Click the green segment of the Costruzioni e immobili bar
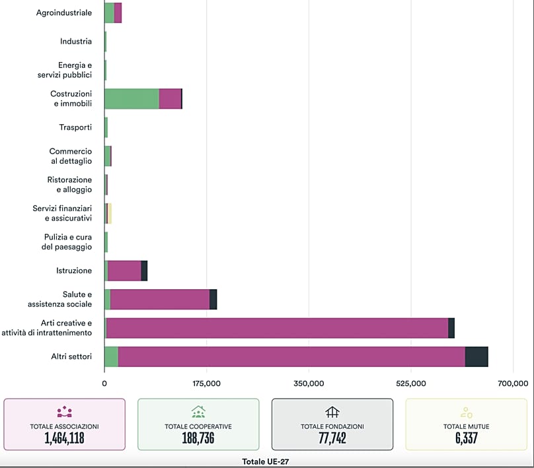click(x=132, y=98)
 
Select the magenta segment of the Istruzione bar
click(x=124, y=271)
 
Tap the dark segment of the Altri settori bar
click(x=477, y=356)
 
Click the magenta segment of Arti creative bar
click(x=277, y=328)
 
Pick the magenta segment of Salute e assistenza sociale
click(x=160, y=299)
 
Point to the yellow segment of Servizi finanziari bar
click(x=110, y=213)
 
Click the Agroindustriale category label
click(x=64, y=13)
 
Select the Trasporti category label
click(x=76, y=127)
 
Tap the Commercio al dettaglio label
click(x=71, y=156)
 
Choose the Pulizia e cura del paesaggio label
click(x=68, y=242)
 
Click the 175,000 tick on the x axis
click(x=207, y=384)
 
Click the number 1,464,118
click(x=64, y=438)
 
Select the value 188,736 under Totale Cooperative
click(x=198, y=438)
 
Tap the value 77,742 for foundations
click(x=332, y=438)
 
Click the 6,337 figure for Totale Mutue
click(x=466, y=438)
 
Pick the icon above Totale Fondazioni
click(x=332, y=412)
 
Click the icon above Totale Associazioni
click(x=64, y=412)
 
